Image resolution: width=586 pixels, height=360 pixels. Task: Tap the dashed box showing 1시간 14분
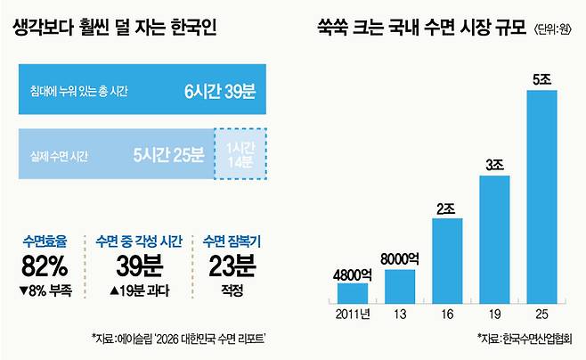240,154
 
